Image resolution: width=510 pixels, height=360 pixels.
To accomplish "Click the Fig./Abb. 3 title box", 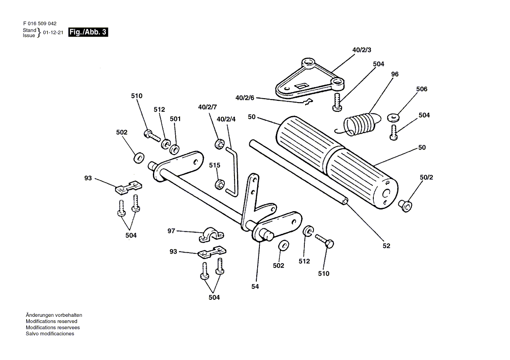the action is click(88, 32).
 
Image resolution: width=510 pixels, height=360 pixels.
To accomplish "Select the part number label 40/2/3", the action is click(362, 50).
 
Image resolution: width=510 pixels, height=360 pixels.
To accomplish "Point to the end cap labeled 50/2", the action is click(405, 206).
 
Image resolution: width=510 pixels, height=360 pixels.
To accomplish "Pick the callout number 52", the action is click(386, 246).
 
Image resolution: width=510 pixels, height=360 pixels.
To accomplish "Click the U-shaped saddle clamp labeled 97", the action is click(211, 235).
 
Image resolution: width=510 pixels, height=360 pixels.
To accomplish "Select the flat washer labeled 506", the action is click(393, 117).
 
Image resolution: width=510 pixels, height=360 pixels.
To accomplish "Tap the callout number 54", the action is click(255, 287).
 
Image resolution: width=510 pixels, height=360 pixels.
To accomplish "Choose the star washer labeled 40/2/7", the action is click(220, 143).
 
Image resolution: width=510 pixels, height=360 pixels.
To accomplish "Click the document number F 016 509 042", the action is click(40, 24).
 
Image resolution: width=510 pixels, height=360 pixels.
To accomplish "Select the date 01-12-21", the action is click(53, 32).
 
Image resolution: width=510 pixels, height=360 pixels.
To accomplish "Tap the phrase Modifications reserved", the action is click(52, 321).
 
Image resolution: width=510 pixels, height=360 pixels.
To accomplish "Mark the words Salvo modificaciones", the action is click(50, 334).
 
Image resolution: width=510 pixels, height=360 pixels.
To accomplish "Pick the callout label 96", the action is click(395, 75).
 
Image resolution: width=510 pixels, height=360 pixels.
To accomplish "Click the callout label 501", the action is click(175, 119).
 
